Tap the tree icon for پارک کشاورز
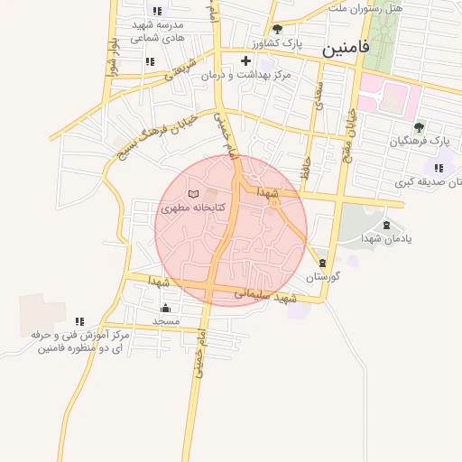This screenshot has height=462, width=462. [x=277, y=29]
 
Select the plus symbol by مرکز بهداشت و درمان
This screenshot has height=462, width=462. [x=245, y=60]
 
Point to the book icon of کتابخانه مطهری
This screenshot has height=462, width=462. [x=192, y=194]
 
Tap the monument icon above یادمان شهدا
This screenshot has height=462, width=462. [x=387, y=226]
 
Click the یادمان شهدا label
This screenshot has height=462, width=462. [x=385, y=239]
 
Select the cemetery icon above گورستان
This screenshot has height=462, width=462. [x=323, y=263]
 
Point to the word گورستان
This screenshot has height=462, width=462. [x=321, y=276]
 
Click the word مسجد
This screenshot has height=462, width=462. [x=166, y=320]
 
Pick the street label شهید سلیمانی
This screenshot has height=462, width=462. [x=265, y=295]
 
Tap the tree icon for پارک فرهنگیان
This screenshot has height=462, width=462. [x=418, y=126]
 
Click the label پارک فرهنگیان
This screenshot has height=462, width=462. [x=420, y=141]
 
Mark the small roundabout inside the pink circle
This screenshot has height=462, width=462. [x=273, y=204]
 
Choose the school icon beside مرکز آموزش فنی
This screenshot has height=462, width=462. [x=80, y=320]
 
